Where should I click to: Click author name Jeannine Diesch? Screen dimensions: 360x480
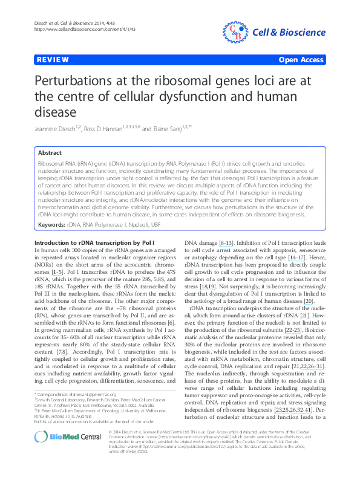point(58,128)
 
